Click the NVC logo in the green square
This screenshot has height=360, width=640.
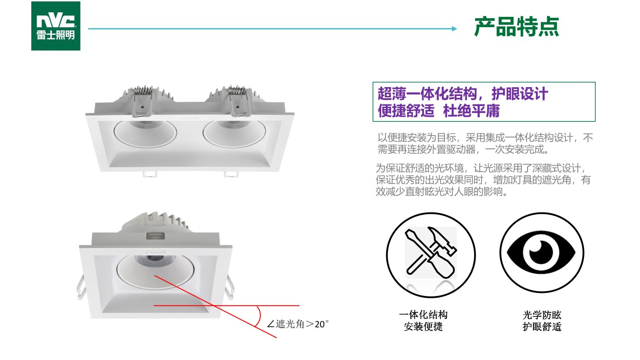pyautogui.click(x=56, y=26)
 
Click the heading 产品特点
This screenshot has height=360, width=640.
pyautogui.click(x=516, y=27)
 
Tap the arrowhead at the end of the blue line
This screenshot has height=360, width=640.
pyautogui.click(x=455, y=28)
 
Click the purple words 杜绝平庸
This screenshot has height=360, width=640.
pyautogui.click(x=472, y=111)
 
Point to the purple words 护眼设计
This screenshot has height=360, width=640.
pyautogui.click(x=520, y=94)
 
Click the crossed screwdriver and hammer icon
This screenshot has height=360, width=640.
pyautogui.click(x=431, y=252)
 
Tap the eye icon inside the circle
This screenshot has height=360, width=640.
pyautogui.click(x=541, y=252)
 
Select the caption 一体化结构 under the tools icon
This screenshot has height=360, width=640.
pyautogui.click(x=423, y=315)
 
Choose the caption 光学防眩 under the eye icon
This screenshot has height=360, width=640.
pyautogui.click(x=542, y=315)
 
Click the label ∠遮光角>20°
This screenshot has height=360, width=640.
pyautogui.click(x=298, y=324)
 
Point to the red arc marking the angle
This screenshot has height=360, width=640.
pyautogui.click(x=260, y=316)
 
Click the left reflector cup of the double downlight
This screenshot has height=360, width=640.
pyautogui.click(x=145, y=133)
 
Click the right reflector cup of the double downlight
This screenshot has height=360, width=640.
pyautogui.click(x=234, y=133)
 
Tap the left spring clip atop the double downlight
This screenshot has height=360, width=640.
pyautogui.click(x=142, y=101)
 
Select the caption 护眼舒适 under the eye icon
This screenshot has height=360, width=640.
pyautogui.click(x=542, y=327)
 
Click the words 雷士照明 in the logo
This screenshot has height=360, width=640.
pyautogui.click(x=56, y=35)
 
